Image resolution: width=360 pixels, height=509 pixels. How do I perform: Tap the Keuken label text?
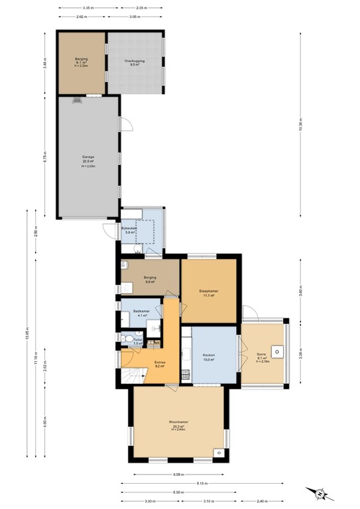coord(209,357)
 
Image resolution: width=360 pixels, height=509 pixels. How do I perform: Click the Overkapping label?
coord(135,61)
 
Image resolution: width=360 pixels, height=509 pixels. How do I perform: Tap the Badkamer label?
coord(141,311)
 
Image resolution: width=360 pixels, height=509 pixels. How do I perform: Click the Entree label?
coord(160,363)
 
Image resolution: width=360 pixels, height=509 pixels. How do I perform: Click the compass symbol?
coord(320,493)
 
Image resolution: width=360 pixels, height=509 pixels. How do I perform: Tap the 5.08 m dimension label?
coord(178,475)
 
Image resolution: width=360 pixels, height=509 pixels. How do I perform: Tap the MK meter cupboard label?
coord(154,342)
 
